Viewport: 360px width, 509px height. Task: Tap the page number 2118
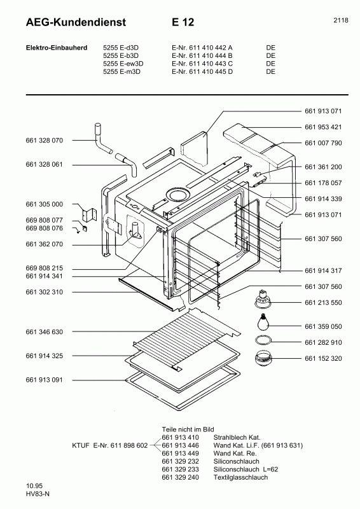point(340,20)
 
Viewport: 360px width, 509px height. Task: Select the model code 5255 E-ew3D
point(123,63)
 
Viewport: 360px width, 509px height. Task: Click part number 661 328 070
point(45,140)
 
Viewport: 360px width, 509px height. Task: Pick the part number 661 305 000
point(45,204)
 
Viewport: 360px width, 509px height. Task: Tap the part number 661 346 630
point(45,332)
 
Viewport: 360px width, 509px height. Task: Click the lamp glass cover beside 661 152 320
point(263,359)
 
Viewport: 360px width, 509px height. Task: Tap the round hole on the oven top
point(177,194)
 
